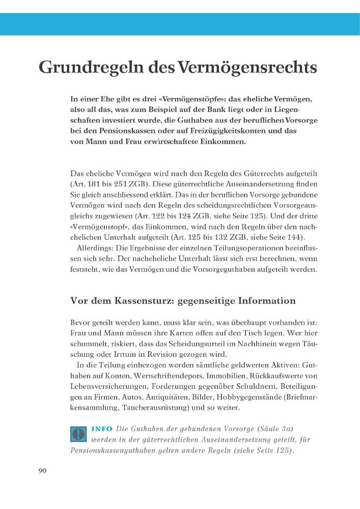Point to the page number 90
tap(42, 471)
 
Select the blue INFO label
tap(102, 429)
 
